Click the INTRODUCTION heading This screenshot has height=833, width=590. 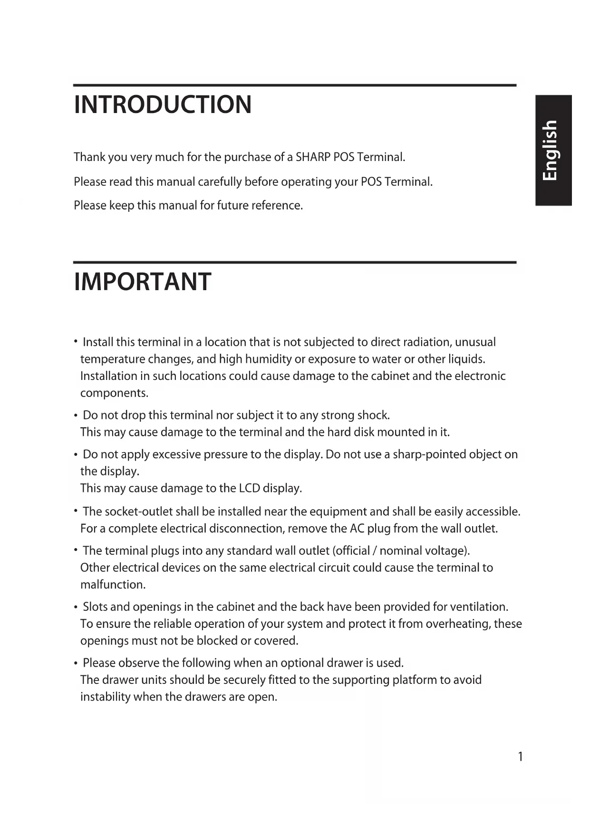pyautogui.click(x=163, y=104)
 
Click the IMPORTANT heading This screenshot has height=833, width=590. pyautogui.click(x=143, y=282)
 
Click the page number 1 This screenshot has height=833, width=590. pyautogui.click(x=521, y=757)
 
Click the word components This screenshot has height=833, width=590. pyautogui.click(x=114, y=393)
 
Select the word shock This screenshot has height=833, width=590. pyautogui.click(x=373, y=416)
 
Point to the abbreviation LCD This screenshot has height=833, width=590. pyautogui.click(x=249, y=489)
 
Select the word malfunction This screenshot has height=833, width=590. pyautogui.click(x=113, y=585)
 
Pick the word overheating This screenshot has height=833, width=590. pyautogui.click(x=458, y=624)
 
